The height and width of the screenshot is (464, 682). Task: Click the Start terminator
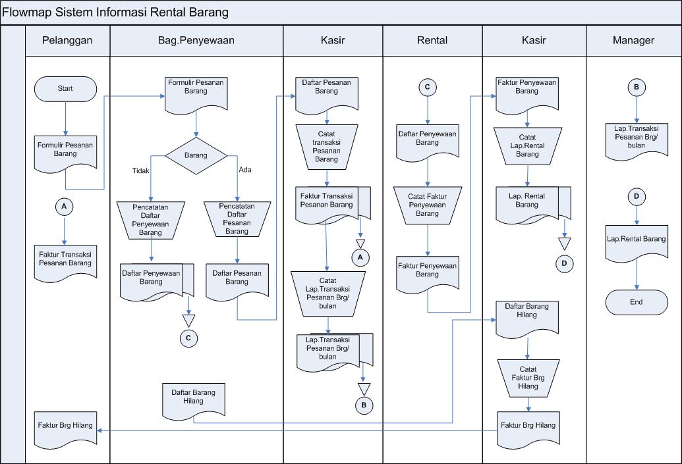65,89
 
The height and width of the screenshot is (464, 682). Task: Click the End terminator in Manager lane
636,302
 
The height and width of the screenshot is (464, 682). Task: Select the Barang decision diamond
196,156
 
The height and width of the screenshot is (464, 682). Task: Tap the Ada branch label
245,170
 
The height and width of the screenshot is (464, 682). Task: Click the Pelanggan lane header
67,40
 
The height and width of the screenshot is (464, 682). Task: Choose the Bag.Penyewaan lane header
196,40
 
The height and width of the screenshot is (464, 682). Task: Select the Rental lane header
432,40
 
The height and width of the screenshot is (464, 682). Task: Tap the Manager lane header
633,40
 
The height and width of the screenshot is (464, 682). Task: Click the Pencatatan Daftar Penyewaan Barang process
151,219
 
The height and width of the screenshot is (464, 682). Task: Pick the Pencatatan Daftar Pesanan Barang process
237,219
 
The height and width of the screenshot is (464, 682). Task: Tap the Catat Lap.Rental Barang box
527,145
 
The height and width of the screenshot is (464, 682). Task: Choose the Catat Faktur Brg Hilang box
528,378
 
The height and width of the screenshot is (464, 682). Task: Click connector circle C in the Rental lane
427,88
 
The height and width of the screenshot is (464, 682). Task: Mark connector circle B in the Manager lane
637,88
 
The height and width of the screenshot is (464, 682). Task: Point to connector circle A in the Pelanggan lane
64,207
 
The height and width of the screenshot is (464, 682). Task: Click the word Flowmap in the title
27,13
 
